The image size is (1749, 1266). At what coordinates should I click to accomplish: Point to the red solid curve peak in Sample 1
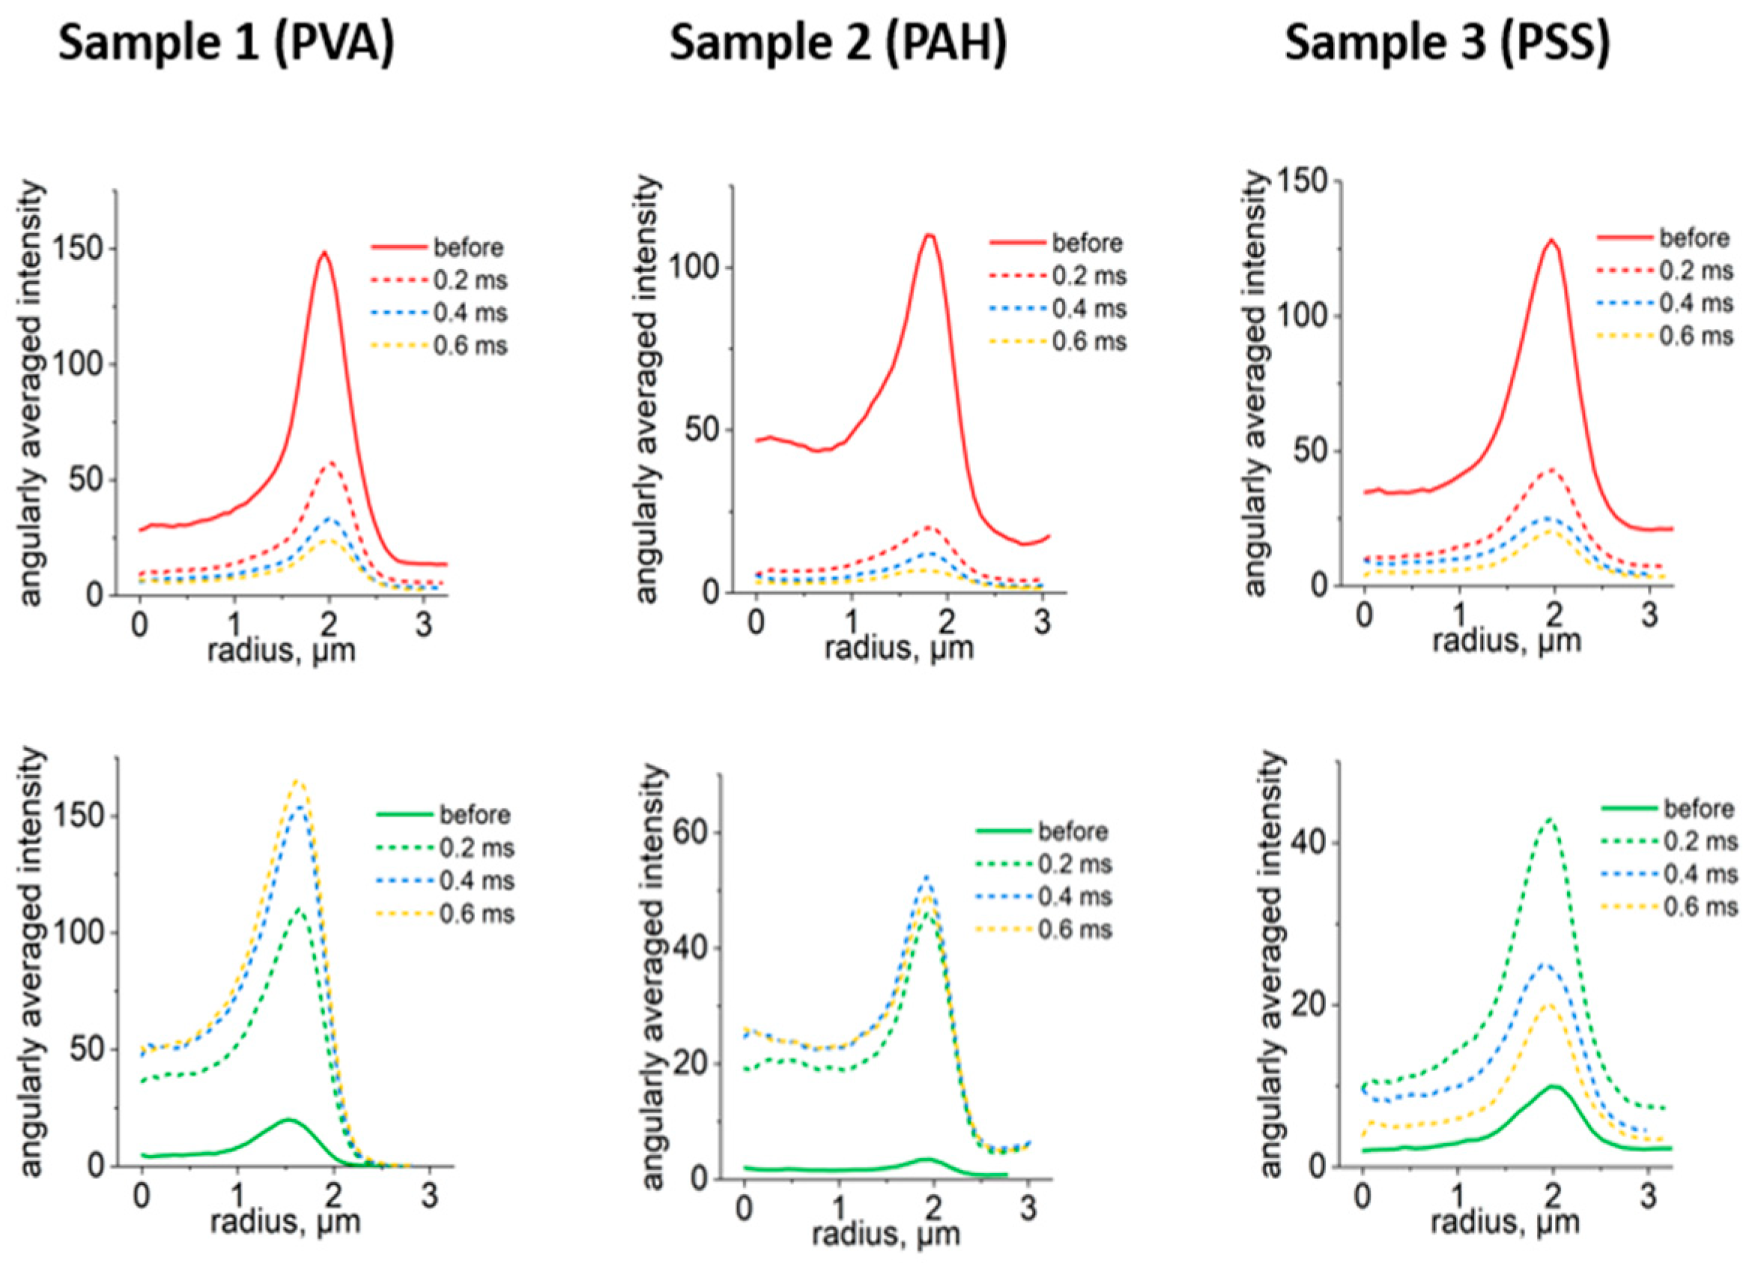tap(324, 253)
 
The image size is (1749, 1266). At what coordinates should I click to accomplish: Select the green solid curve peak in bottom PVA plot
tap(288, 1118)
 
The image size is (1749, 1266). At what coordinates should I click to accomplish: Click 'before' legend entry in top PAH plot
tap(1087, 243)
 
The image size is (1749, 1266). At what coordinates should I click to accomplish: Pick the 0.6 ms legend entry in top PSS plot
tap(1696, 337)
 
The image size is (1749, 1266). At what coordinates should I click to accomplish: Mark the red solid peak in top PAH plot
tap(930, 235)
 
